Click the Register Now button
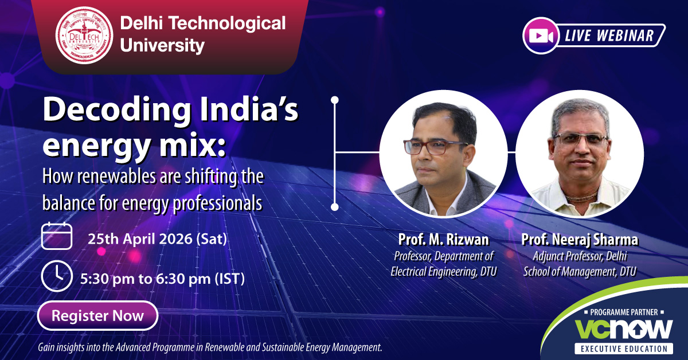pyautogui.click(x=97, y=315)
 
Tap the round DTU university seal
pyautogui.click(x=84, y=36)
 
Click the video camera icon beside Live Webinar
pyautogui.click(x=541, y=36)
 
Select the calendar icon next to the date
pyautogui.click(x=57, y=236)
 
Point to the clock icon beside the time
pyautogui.click(x=57, y=276)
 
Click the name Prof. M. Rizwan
pyautogui.click(x=444, y=239)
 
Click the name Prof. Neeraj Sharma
pyautogui.click(x=580, y=240)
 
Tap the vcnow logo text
pyautogui.click(x=624, y=329)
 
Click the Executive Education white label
pyautogui.click(x=624, y=349)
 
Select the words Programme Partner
pyautogui.click(x=624, y=312)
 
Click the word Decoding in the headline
pyautogui.click(x=117, y=110)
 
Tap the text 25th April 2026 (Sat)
pyautogui.click(x=157, y=238)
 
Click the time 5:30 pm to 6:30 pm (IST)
pyautogui.click(x=162, y=279)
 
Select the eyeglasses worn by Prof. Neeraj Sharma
pyautogui.click(x=580, y=139)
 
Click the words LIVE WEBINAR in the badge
pyautogui.click(x=609, y=36)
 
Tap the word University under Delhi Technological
pyautogui.click(x=162, y=45)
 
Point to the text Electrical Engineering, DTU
pyautogui.click(x=444, y=272)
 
